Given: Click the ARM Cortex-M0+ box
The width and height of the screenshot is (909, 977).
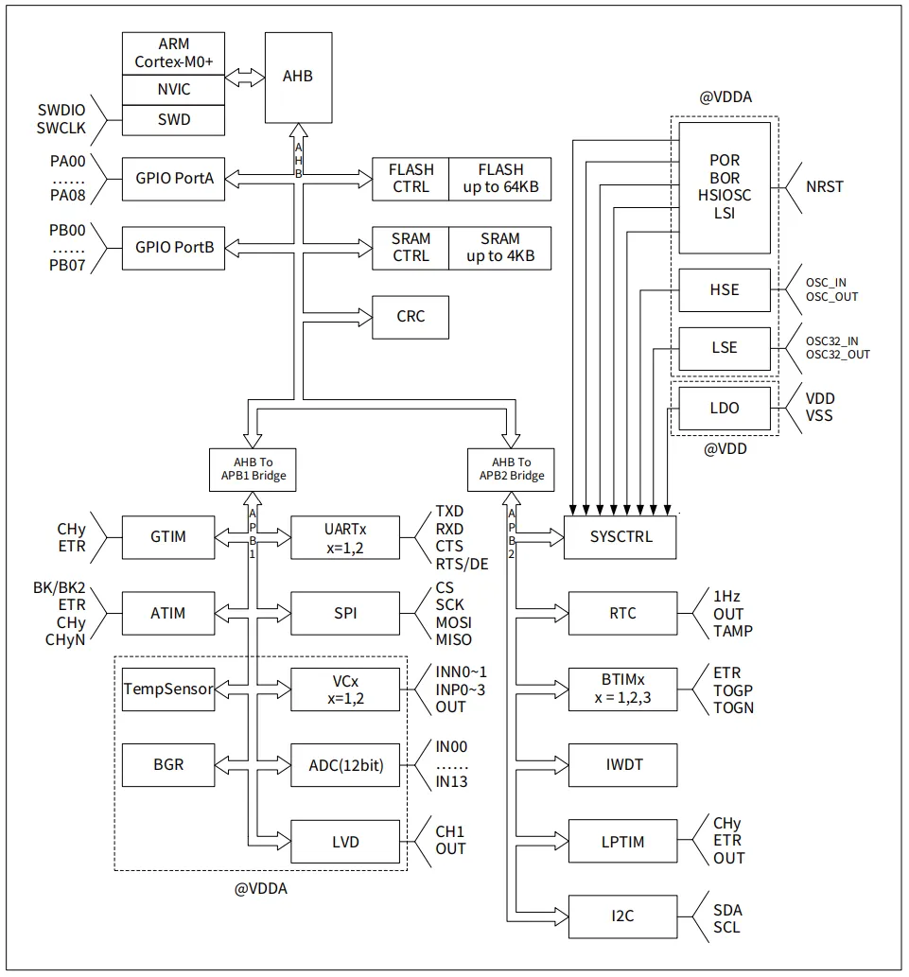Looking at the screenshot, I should (174, 53).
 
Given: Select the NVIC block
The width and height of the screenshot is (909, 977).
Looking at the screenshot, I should (174, 90).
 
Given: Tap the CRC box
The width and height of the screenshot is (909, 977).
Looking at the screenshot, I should (411, 317).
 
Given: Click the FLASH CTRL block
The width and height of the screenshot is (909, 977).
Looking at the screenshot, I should (411, 178).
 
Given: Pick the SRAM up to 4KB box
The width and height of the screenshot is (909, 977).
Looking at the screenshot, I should (499, 248).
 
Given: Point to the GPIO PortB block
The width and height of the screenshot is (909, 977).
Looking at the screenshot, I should (174, 248).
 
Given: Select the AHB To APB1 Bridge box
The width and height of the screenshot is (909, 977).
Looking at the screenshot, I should (247, 468).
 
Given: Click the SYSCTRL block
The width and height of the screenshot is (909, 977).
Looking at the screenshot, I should (621, 537).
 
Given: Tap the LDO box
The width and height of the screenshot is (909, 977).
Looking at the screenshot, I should (724, 408).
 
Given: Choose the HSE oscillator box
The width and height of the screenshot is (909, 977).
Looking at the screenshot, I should (724, 289).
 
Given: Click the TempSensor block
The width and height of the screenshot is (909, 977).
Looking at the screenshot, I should (167, 689).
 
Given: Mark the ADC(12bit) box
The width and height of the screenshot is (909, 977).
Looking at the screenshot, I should (345, 766).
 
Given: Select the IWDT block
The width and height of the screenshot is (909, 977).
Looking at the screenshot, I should (621, 766).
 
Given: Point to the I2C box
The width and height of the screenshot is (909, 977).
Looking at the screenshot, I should (621, 917).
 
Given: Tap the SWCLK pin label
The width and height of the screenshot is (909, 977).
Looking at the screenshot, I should (62, 128).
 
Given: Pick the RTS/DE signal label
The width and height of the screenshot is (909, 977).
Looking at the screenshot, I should (462, 565).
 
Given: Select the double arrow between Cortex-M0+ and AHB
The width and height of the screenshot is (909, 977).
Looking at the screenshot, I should (244, 79).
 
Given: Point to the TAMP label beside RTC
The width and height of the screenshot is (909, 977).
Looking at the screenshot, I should (733, 631).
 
